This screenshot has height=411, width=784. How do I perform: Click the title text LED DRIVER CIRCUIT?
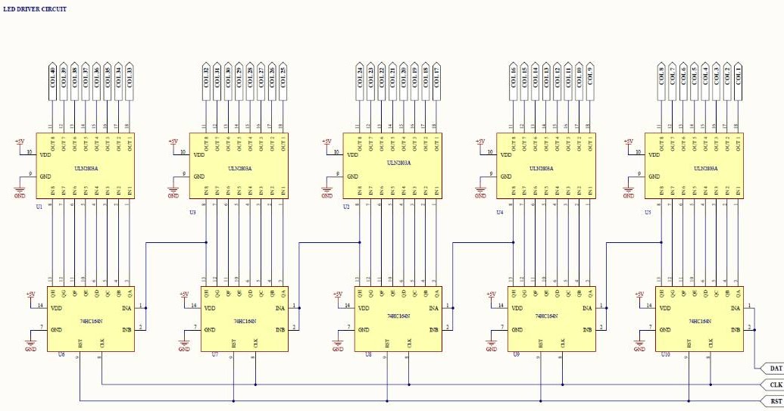[x=36, y=9]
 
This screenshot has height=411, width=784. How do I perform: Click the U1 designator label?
[x=39, y=206]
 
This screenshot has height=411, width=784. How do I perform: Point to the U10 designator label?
[x=665, y=354]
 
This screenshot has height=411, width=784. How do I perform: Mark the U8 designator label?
[x=368, y=354]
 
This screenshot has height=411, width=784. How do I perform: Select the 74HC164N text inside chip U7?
[x=245, y=322]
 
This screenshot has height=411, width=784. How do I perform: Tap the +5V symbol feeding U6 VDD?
[x=30, y=294]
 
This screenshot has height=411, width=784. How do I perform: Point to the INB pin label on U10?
[x=734, y=330]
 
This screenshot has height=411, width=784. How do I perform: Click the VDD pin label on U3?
[x=200, y=155]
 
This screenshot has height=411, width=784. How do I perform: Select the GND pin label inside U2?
[x=354, y=176]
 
